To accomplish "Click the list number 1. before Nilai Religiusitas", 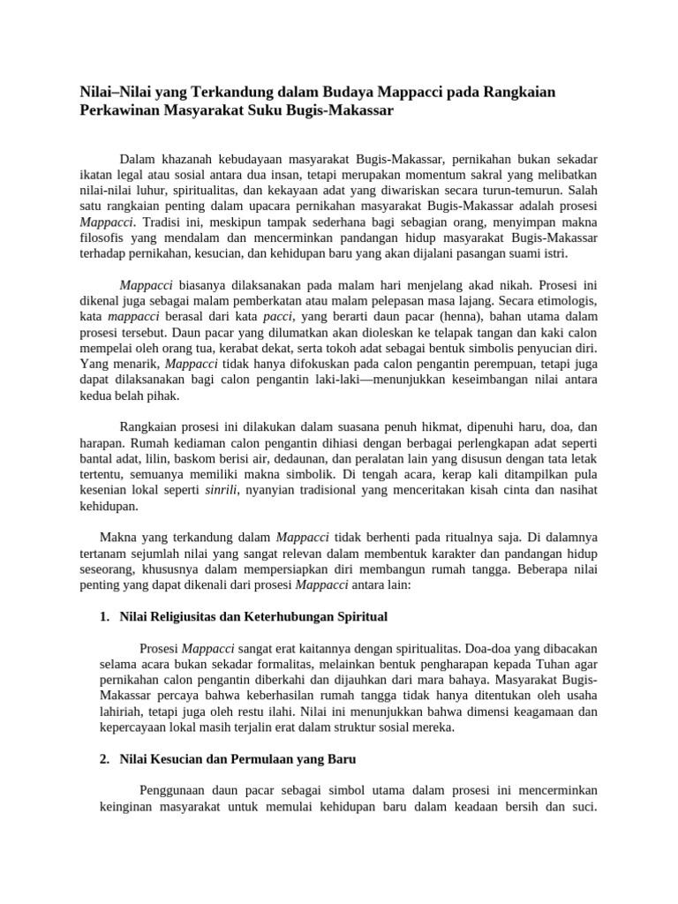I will pyautogui.click(x=104, y=615).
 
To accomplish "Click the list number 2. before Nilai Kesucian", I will pyautogui.click(x=104, y=758).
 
